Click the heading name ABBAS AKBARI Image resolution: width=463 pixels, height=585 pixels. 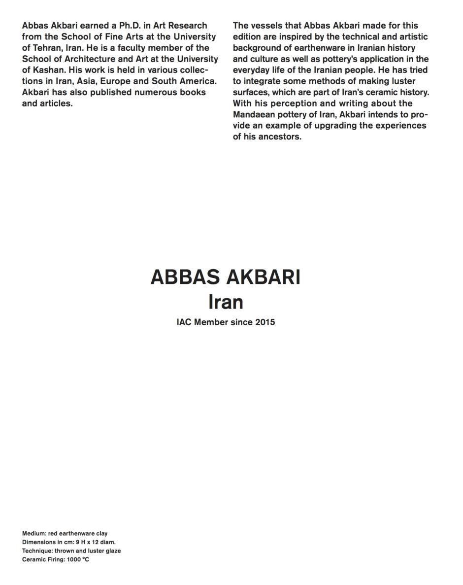pos(225,277)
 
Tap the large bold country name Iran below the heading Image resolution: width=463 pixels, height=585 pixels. pos(226,302)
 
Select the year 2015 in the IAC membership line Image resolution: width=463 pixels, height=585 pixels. pos(265,323)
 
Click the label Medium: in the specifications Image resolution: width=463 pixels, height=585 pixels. pos(34,533)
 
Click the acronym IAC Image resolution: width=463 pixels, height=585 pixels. pos(184,323)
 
